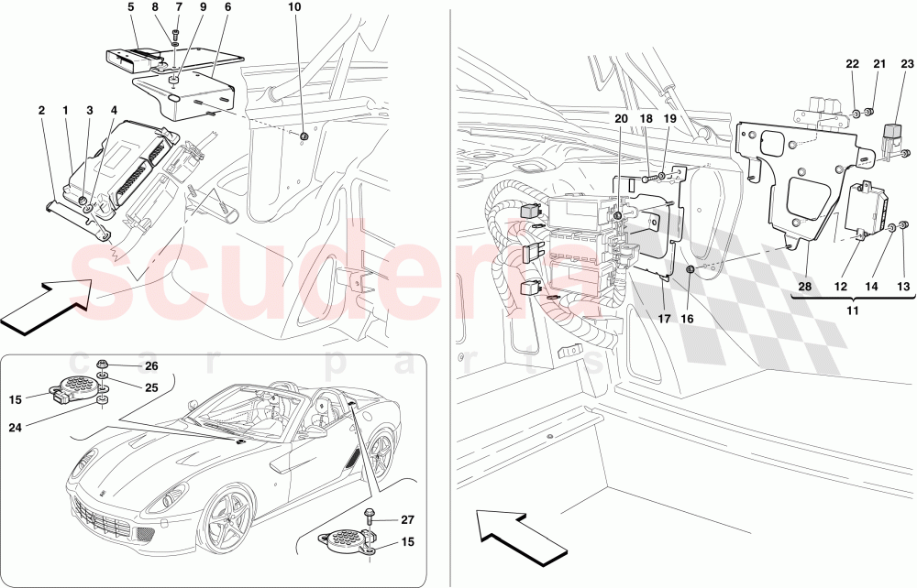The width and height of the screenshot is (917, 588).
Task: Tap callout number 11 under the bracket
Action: point(853,311)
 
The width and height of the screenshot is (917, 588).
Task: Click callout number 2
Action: point(41,110)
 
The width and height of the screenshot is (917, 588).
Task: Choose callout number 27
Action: point(406,519)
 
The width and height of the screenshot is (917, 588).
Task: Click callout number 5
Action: point(130,6)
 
